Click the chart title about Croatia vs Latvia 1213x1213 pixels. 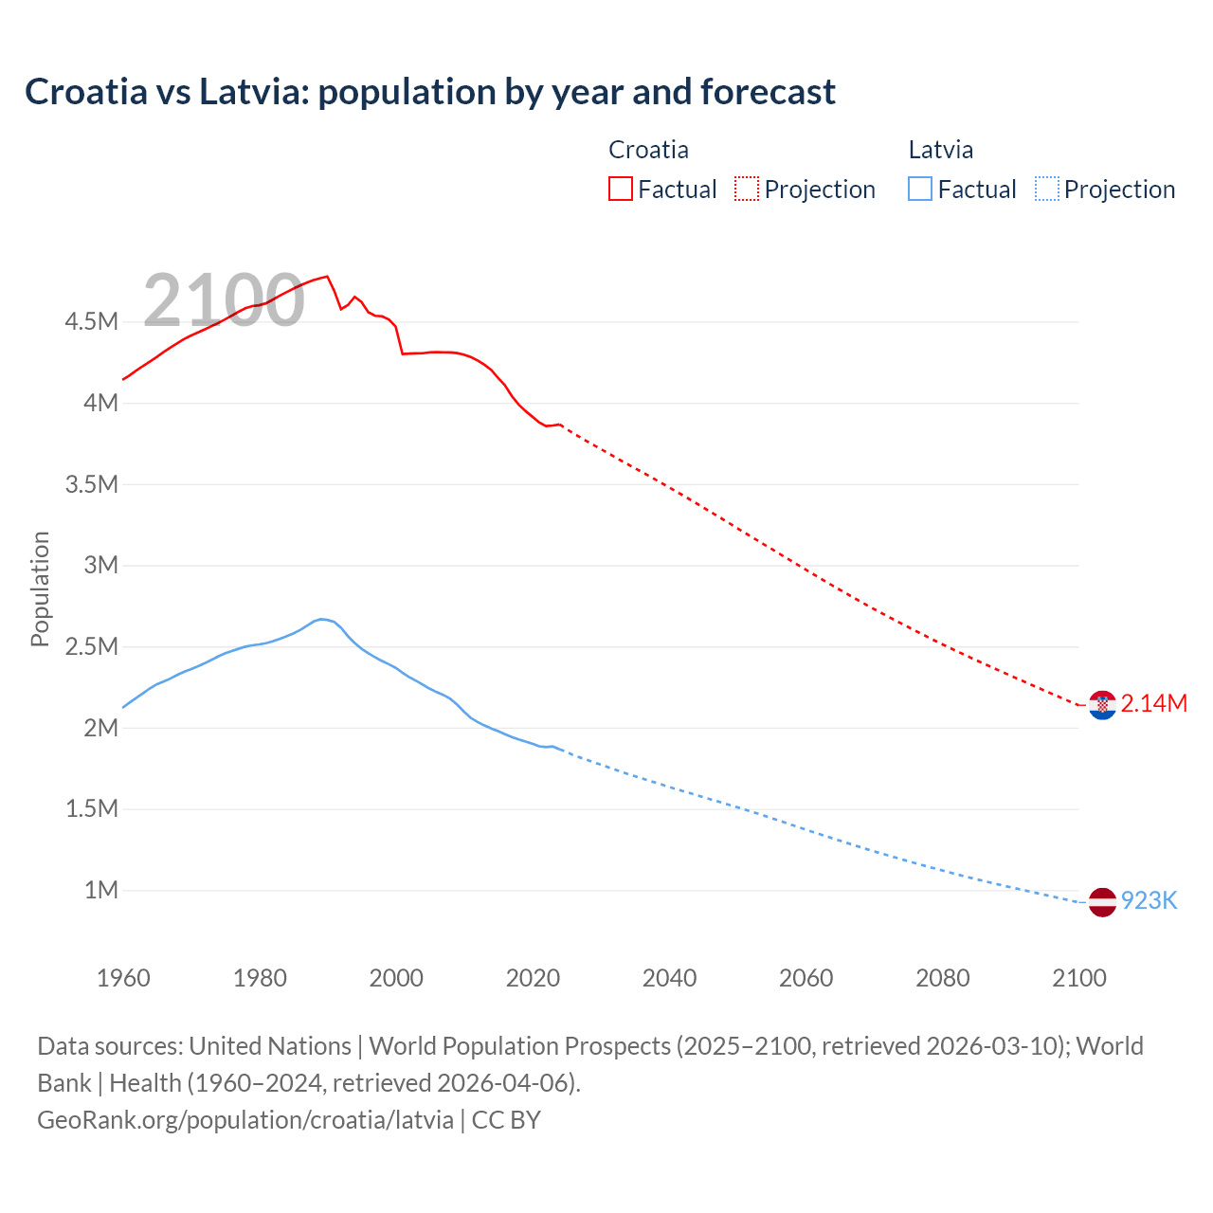point(430,92)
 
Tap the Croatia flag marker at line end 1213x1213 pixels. point(1102,705)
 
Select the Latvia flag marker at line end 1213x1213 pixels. point(1102,902)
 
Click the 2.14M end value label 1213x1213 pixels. point(1153,704)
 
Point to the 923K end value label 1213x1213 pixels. point(1149,901)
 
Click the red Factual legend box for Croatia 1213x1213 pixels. point(621,189)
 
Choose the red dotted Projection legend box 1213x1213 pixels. point(747,189)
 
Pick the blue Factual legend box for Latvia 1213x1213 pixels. point(920,189)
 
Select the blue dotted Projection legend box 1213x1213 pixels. point(1046,189)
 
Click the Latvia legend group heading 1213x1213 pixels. point(940,150)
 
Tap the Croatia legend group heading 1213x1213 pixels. point(648,150)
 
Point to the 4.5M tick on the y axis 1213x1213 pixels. point(91,322)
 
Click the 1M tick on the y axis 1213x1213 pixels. point(100,891)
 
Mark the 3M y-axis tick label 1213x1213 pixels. point(100,566)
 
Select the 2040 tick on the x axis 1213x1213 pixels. point(669,978)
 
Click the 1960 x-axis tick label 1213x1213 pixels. point(123,978)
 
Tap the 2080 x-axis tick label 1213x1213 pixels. point(942,978)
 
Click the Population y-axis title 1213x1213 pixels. point(40,588)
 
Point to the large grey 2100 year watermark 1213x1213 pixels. point(224,300)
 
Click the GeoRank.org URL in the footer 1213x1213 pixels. point(245,1120)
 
